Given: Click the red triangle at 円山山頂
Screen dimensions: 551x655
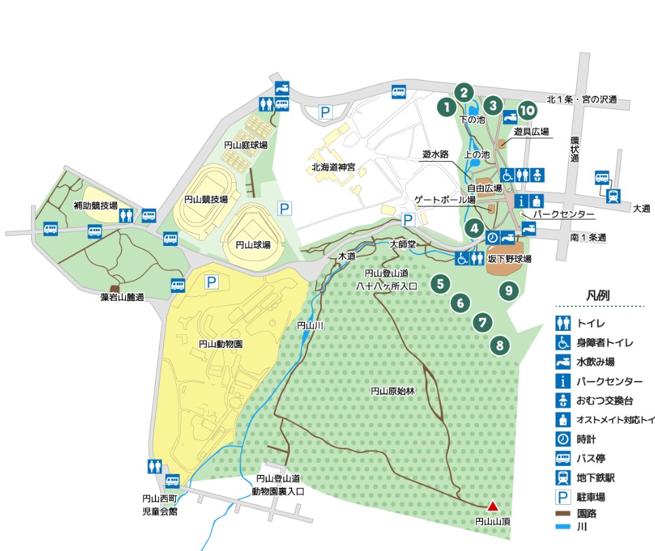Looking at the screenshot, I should pos(493,505).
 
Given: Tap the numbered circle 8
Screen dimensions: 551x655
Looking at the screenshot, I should pos(500,346).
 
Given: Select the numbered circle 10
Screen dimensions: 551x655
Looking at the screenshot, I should pos(526,110).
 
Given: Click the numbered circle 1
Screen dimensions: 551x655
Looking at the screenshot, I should pos(446,106).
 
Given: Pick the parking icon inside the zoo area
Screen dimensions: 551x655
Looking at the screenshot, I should pos(212,280).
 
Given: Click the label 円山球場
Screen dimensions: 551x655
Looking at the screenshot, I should pos(253,245).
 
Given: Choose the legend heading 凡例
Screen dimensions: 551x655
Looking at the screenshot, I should pos(597,296).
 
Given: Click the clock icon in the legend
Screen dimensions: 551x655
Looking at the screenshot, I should pos(563,439).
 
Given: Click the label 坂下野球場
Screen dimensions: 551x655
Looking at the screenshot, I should pos(510,259).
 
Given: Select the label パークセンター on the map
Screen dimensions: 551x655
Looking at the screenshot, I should pos(563,215).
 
